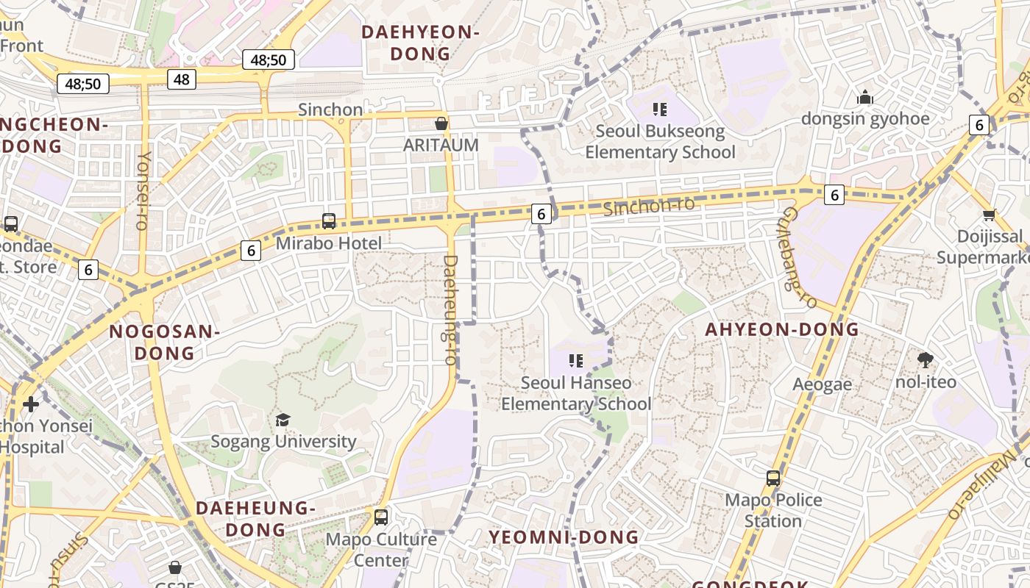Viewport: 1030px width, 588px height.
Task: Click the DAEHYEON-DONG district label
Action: click(420, 43)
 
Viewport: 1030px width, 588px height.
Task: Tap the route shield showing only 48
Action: click(182, 79)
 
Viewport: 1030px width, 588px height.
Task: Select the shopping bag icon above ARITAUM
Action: click(441, 123)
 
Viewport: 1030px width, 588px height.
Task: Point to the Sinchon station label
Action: click(330, 110)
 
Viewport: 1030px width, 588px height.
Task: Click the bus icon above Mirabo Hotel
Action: click(329, 221)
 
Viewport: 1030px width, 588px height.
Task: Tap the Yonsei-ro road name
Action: click(143, 191)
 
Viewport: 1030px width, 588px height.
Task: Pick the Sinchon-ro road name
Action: click(648, 206)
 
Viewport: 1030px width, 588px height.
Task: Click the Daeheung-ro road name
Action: click(450, 309)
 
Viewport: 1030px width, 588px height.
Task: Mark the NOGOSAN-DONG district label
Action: click(164, 343)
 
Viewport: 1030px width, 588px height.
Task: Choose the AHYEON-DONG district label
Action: click(782, 329)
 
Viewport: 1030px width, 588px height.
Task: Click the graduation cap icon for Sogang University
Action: click(283, 420)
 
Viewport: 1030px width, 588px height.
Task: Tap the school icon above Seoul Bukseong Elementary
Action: click(660, 110)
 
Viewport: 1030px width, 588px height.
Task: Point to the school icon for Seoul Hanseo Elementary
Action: click(576, 361)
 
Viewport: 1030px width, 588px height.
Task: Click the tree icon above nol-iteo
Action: click(926, 360)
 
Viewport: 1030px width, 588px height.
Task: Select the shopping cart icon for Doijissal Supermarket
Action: click(990, 215)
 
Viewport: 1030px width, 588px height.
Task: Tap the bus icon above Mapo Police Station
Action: click(773, 478)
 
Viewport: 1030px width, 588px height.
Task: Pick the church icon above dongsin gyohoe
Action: click(865, 97)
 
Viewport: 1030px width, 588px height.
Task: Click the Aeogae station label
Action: click(822, 384)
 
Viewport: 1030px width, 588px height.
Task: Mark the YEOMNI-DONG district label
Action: click(564, 537)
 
